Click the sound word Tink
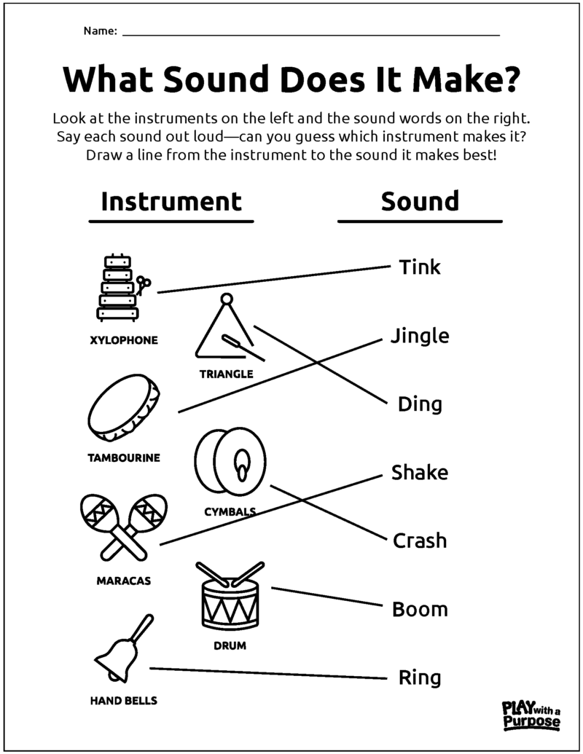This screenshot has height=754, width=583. click(x=420, y=267)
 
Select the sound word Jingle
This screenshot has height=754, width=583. click(x=420, y=337)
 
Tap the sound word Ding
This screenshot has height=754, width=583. click(x=420, y=404)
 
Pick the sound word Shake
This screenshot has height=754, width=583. click(x=420, y=473)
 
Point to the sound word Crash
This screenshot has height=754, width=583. click(x=420, y=541)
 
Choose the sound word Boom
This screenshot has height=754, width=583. click(x=420, y=610)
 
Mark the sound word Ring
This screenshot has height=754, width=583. click(x=420, y=678)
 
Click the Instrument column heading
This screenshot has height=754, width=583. click(x=171, y=201)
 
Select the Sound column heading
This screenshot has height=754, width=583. click(x=420, y=201)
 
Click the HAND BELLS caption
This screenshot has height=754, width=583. click(x=123, y=701)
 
